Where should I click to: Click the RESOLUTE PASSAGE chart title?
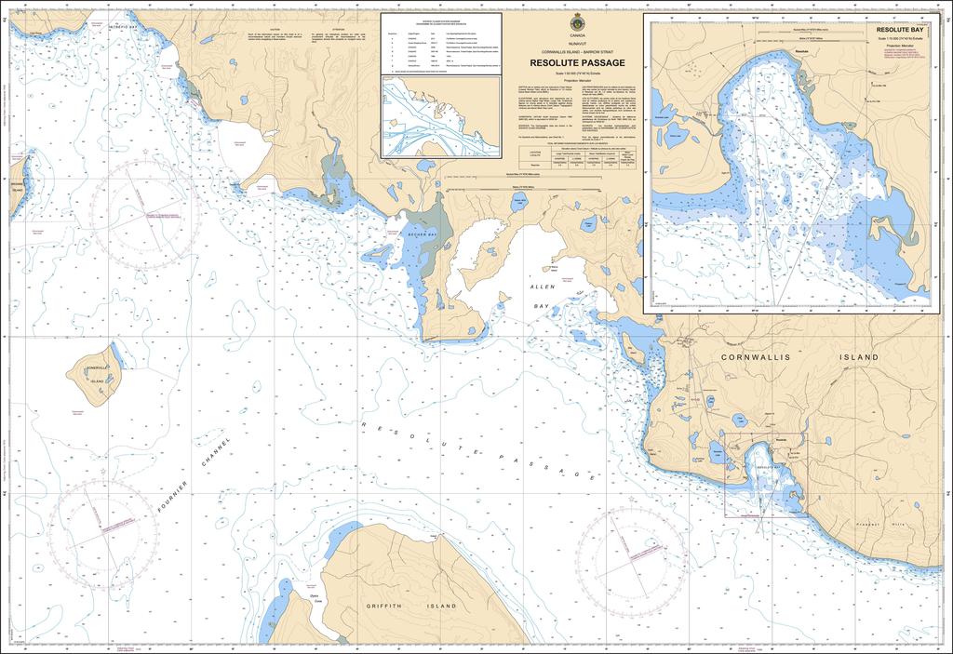point(577,62)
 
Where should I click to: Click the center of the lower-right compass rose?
point(626,554)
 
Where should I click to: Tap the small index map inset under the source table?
point(441,118)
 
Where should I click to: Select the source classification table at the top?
point(441,43)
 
